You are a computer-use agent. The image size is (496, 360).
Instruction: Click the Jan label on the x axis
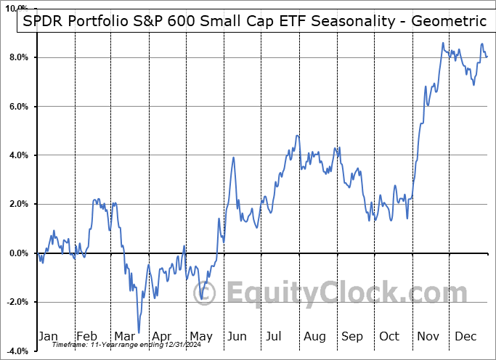coord(47,336)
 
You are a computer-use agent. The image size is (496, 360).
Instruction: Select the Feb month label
coord(86,336)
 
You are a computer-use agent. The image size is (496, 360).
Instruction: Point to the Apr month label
coord(162,336)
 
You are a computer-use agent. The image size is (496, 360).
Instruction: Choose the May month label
coord(200,336)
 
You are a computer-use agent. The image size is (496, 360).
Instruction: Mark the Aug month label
coord(315,336)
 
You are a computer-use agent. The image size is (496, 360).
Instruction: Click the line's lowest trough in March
coord(138,332)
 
